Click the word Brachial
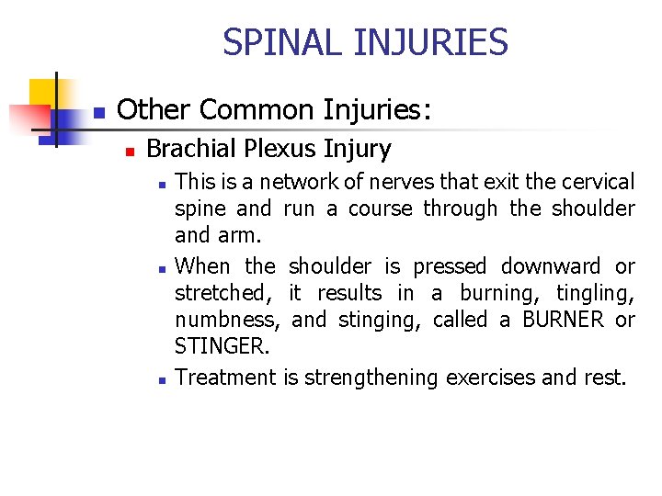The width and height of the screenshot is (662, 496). pyautogui.click(x=188, y=149)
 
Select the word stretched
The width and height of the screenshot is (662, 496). pyautogui.click(x=223, y=294)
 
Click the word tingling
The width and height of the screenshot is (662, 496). pyautogui.click(x=596, y=294)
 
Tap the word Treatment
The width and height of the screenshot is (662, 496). pyautogui.click(x=225, y=378)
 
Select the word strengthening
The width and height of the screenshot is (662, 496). pyautogui.click(x=372, y=378)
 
